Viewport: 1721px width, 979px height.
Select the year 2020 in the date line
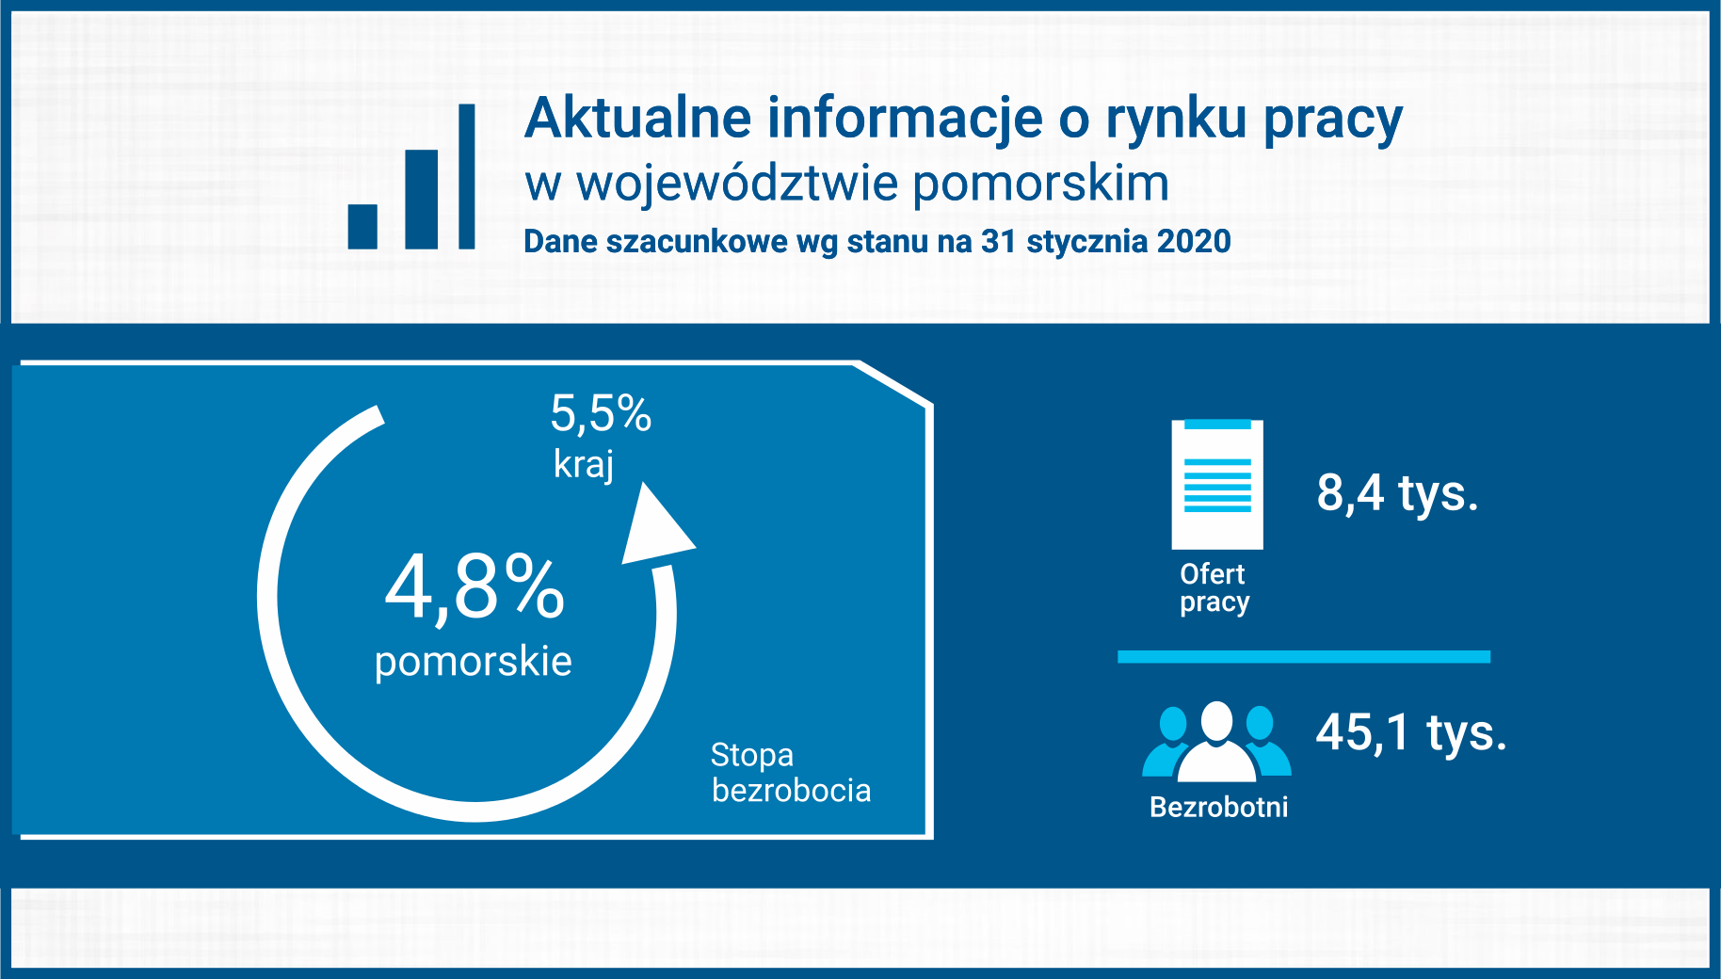(1194, 241)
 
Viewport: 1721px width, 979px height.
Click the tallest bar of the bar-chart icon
(466, 176)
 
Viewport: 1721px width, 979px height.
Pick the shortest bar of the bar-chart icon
(362, 227)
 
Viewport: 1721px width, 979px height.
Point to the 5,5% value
(601, 414)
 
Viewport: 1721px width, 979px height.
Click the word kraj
(584, 465)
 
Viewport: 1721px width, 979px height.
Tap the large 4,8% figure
(474, 587)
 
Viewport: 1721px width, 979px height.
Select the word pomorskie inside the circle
(474, 663)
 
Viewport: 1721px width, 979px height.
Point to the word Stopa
(752, 755)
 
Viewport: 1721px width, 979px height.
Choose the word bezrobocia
(792, 791)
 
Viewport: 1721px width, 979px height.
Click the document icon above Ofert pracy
(1217, 484)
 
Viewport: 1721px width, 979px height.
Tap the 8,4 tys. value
(1397, 493)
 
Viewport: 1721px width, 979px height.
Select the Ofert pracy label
(1214, 588)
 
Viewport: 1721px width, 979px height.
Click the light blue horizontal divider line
(1304, 656)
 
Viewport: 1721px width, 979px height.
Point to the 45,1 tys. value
(1411, 733)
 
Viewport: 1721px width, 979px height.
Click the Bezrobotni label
(1219, 807)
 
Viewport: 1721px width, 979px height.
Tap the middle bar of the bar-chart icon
(422, 200)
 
